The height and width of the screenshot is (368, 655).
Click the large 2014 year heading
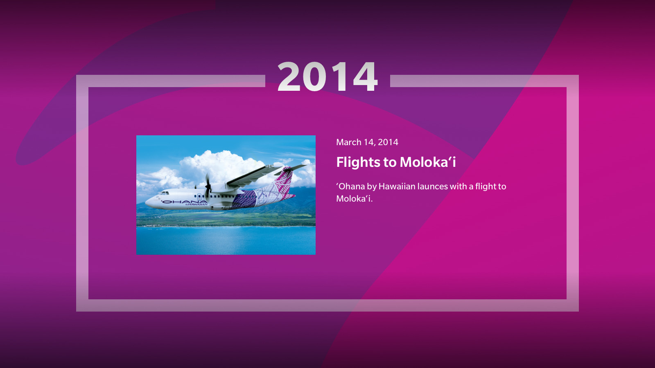click(327, 77)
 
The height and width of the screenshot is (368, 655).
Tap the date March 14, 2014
click(367, 142)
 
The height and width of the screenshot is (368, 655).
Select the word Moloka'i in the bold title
click(427, 162)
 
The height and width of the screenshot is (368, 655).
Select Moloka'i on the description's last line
click(354, 199)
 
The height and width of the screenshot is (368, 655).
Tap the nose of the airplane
click(148, 202)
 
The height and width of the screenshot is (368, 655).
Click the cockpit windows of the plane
click(164, 193)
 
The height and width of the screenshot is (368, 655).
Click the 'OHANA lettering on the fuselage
click(184, 202)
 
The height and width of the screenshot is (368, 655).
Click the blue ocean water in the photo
click(226, 240)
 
